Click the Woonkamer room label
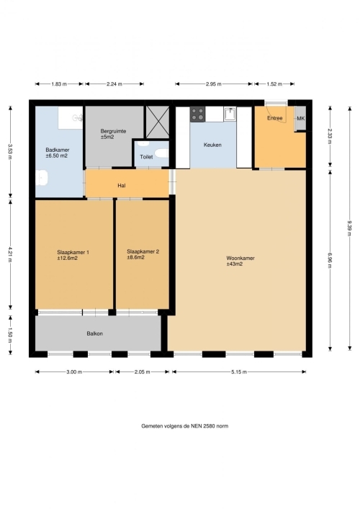point(240,258)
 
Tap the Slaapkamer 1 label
point(73,252)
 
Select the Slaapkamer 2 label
point(143,251)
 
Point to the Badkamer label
point(58,150)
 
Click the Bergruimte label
point(113,131)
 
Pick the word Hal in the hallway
point(122,186)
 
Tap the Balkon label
point(95,334)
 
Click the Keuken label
point(212,145)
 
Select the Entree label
point(274,118)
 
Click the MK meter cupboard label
point(301,119)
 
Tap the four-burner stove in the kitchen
point(198,114)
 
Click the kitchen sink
point(230,114)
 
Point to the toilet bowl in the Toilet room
point(161,153)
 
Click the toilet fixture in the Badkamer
point(42,179)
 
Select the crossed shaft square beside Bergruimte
point(158,122)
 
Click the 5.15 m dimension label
point(239,372)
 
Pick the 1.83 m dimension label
point(59,84)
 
